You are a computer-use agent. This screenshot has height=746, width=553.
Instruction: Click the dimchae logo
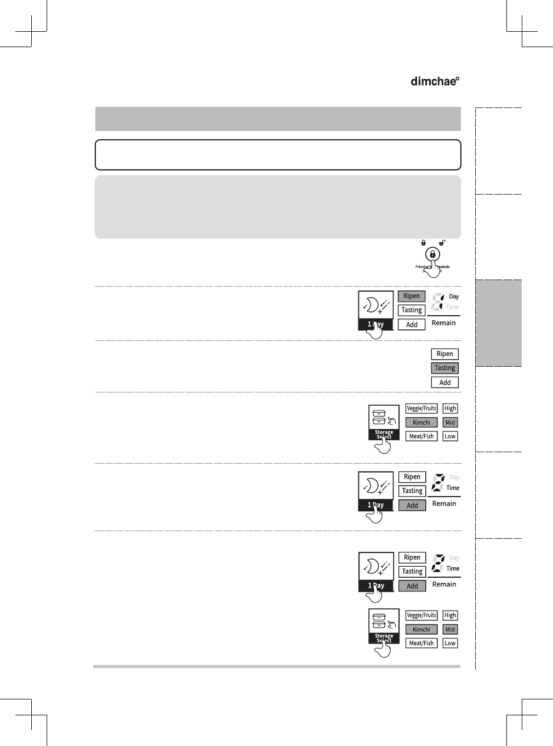pyautogui.click(x=435, y=81)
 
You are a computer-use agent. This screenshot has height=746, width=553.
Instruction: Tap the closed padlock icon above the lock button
pyautogui.click(x=423, y=242)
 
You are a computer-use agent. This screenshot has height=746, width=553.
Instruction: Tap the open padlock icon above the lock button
pyautogui.click(x=442, y=242)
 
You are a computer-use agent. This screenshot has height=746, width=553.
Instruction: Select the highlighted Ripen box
pyautogui.click(x=412, y=296)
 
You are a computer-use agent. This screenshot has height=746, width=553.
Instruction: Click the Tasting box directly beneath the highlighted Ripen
pyautogui.click(x=412, y=310)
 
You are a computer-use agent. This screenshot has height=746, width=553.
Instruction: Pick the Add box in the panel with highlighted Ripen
pyautogui.click(x=412, y=324)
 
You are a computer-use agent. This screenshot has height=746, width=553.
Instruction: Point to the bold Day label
pyautogui.click(x=454, y=297)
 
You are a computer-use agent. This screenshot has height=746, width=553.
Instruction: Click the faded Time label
pyautogui.click(x=452, y=307)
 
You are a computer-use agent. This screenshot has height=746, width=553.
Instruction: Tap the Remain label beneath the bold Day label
pyautogui.click(x=443, y=323)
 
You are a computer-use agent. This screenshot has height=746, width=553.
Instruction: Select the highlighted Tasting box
pyautogui.click(x=445, y=368)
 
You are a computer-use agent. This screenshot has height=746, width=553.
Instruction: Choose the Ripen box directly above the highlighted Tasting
pyautogui.click(x=445, y=354)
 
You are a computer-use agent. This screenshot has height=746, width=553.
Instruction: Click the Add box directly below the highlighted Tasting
pyautogui.click(x=445, y=383)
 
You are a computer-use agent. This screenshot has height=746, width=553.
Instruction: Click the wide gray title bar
pyautogui.click(x=278, y=119)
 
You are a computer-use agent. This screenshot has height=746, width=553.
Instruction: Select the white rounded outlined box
pyautogui.click(x=278, y=155)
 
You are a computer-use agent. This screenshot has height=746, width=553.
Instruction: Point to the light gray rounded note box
pyautogui.click(x=278, y=207)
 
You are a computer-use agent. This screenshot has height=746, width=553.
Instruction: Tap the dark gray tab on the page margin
pyautogui.click(x=498, y=323)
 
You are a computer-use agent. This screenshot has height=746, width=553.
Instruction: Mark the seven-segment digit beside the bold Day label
pyautogui.click(x=437, y=301)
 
